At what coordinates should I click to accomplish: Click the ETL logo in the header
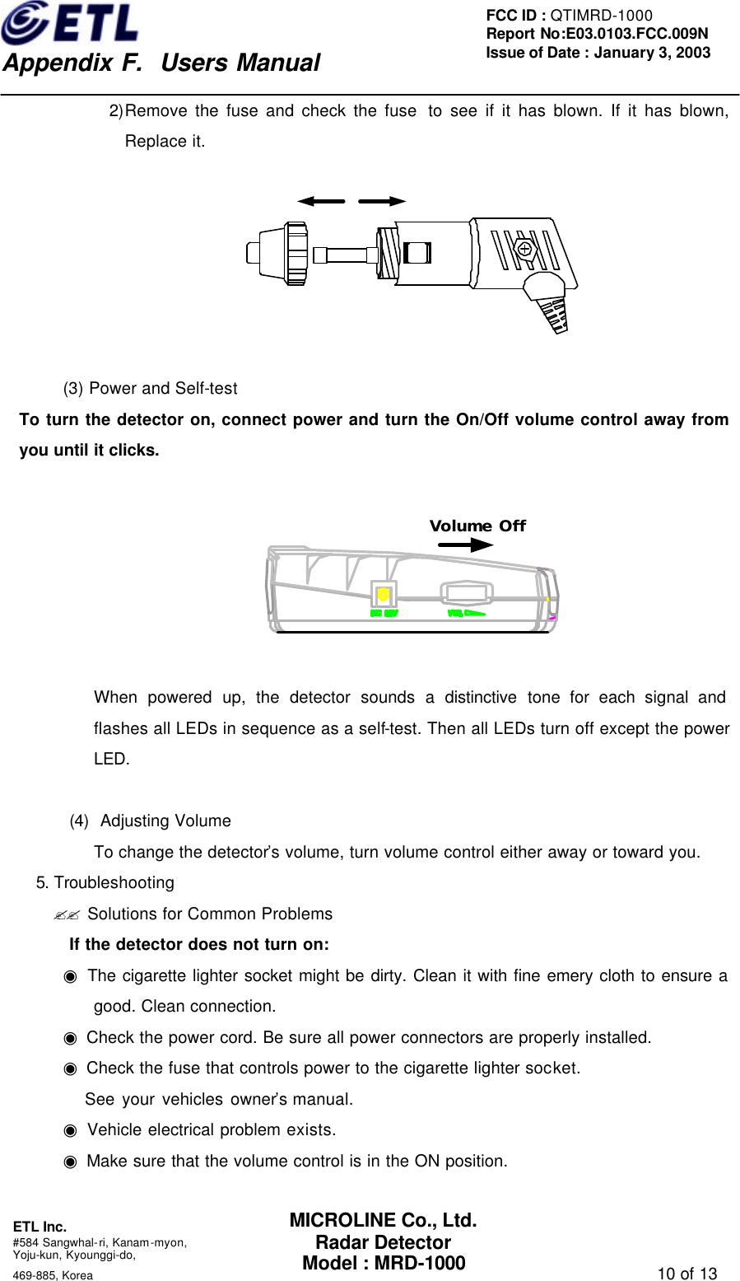coord(70,23)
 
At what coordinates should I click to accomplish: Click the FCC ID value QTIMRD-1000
coord(601,16)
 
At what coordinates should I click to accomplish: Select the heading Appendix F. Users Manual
coord(161,63)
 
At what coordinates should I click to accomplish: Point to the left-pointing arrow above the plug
coord(321,201)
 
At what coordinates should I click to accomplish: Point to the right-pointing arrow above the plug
coord(383,201)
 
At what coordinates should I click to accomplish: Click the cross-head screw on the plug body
coord(524,248)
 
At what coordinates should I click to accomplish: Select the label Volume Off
coord(477,526)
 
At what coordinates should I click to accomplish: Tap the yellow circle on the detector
coord(384,594)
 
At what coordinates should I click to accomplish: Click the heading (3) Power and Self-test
coord(151,389)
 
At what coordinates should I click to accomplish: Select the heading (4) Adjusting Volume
coord(151,821)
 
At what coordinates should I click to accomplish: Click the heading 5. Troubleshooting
coord(105,883)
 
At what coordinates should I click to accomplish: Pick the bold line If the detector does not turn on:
coord(199,945)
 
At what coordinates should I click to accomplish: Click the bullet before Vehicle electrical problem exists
coord(71,1130)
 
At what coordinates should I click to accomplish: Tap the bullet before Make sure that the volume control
coord(71,1162)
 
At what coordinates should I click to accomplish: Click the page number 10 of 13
coord(687,1274)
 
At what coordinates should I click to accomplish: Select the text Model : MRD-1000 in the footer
coord(384,1263)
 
